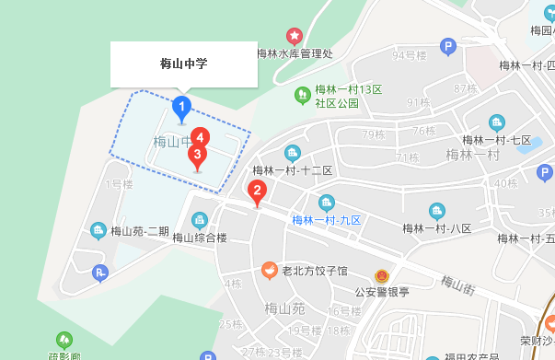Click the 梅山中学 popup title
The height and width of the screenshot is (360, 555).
(x=184, y=64)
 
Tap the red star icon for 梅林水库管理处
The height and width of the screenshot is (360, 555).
(x=295, y=36)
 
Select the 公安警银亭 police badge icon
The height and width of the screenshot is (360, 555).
(x=381, y=276)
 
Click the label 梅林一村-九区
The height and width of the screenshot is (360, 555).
(x=327, y=220)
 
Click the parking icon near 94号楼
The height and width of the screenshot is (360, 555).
(x=448, y=46)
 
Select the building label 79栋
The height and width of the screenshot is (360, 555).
(x=373, y=134)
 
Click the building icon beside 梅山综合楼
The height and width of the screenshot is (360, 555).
(x=199, y=220)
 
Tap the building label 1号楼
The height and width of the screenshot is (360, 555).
(x=120, y=184)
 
